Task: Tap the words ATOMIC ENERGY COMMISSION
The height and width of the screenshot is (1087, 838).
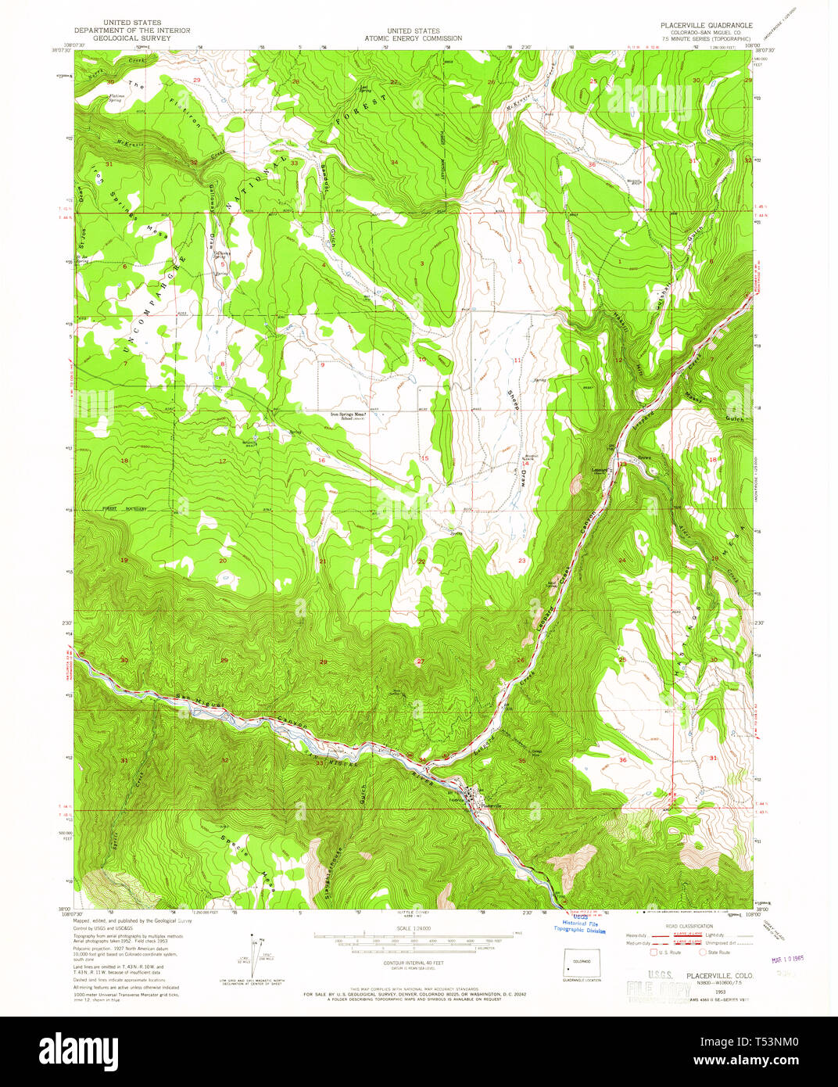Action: coord(413,38)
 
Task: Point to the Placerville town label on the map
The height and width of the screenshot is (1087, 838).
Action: coord(491,805)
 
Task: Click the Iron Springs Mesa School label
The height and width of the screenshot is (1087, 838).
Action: coord(344,416)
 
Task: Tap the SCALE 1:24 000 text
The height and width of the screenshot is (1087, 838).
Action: coord(413,929)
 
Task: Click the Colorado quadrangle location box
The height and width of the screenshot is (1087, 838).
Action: coord(581,966)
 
